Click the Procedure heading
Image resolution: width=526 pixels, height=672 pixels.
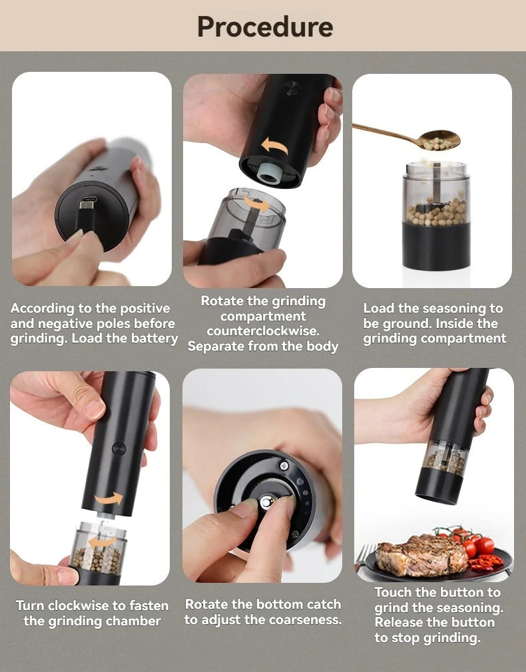(264, 27)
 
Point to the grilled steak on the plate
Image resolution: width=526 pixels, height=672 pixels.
(421, 556)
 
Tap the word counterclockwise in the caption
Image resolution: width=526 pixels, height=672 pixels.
(262, 331)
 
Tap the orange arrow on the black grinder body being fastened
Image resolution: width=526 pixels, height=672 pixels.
(108, 498)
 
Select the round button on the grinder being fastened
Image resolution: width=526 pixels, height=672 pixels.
(119, 448)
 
